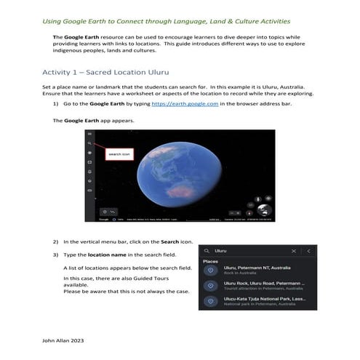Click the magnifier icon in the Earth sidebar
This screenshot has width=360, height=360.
point(90,144)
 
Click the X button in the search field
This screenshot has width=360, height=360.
point(294,251)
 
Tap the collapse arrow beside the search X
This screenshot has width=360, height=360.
point(308,251)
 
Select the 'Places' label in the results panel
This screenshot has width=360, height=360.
point(211,261)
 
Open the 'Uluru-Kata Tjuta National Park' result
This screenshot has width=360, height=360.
point(264,299)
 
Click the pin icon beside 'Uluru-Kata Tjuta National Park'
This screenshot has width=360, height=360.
point(211,301)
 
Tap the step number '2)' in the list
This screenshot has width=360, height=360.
point(56,241)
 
